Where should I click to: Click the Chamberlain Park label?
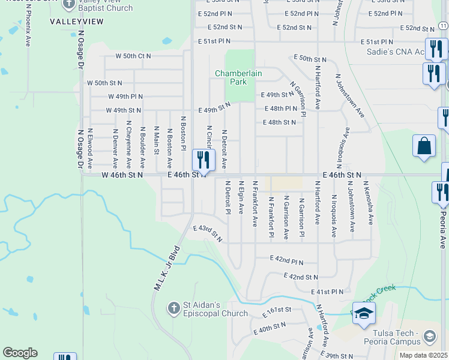click(x=239, y=77)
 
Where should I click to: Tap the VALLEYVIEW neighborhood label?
click(x=77, y=22)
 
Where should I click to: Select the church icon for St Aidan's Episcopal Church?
click(x=173, y=308)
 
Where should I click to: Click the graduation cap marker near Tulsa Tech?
click(x=364, y=314)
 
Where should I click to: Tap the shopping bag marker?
click(x=424, y=146)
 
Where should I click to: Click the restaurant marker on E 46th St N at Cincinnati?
click(x=203, y=160)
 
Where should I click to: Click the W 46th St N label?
click(x=122, y=175)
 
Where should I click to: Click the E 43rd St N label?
click(x=208, y=233)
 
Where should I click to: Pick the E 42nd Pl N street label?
click(x=279, y=262)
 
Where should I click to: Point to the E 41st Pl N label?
click(x=327, y=292)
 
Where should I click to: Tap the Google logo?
click(x=20, y=353)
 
